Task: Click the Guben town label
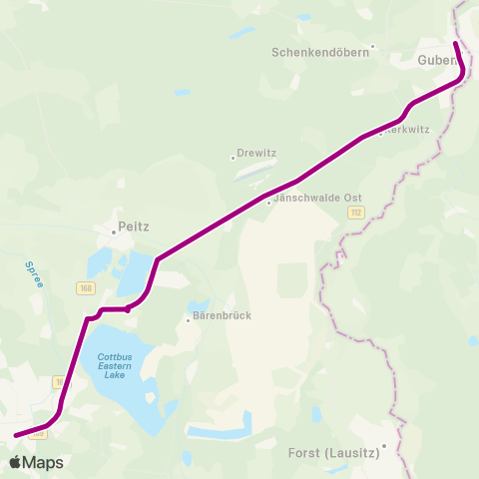pyautogui.click(x=437, y=61)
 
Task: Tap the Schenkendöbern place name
pyautogui.click(x=319, y=52)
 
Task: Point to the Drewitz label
pyautogui.click(x=256, y=153)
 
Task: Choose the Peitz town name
pyautogui.click(x=133, y=227)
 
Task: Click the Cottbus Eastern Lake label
pyautogui.click(x=122, y=366)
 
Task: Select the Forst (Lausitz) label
pyautogui.click(x=334, y=453)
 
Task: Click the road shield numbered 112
pyautogui.click(x=357, y=213)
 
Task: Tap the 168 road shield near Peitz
pyautogui.click(x=87, y=287)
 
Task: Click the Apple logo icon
pyautogui.click(x=15, y=463)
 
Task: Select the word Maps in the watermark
pyautogui.click(x=43, y=463)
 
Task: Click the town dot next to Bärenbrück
pyautogui.click(x=187, y=320)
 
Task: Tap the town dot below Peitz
pyautogui.click(x=114, y=233)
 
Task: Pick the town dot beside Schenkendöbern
pyautogui.click(x=372, y=46)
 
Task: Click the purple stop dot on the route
pyautogui.click(x=128, y=309)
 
